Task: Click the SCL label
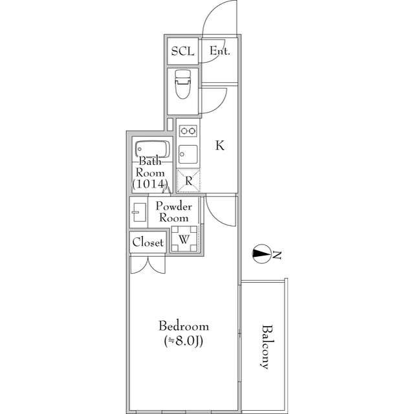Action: coord(182,51)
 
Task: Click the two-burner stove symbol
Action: coord(188,131)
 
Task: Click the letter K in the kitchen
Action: coord(220,146)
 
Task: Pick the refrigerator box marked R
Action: coord(188,180)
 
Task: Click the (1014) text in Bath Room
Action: coord(151,185)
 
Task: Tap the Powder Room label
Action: coord(174,212)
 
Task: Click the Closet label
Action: coord(148,243)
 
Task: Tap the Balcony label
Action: coord(265,345)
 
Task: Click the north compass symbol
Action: coord(261,254)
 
